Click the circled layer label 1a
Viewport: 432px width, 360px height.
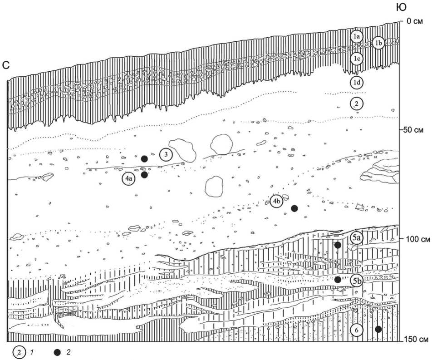[x=357, y=36]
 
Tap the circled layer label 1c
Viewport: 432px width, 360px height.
[x=357, y=59]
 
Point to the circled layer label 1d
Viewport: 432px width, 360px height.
[x=357, y=82]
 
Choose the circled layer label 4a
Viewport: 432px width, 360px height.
[x=129, y=179]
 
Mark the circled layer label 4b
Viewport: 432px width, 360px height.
[x=277, y=201]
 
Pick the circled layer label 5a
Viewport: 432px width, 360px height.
[x=357, y=238]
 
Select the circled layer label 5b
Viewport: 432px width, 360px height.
[x=357, y=281]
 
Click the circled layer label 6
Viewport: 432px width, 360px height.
[x=357, y=331]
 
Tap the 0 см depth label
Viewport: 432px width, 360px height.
[x=414, y=21]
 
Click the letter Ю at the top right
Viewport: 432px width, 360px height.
[x=401, y=7]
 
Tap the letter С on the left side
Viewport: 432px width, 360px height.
[x=7, y=66]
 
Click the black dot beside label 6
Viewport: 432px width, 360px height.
[x=378, y=329]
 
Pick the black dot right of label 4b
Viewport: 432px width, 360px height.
[x=294, y=208]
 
